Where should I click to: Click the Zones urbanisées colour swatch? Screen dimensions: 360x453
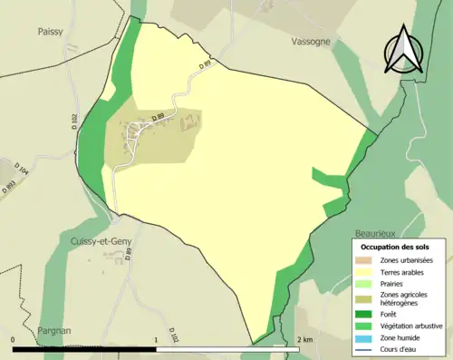click(364, 261)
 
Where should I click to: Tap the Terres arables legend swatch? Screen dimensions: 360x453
click(364, 272)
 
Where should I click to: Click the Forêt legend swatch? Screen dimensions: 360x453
click(364, 314)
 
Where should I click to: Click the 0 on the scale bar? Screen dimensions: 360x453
click(13, 339)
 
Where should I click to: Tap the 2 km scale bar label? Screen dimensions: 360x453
click(304, 339)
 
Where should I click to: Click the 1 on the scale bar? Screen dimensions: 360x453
click(157, 339)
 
